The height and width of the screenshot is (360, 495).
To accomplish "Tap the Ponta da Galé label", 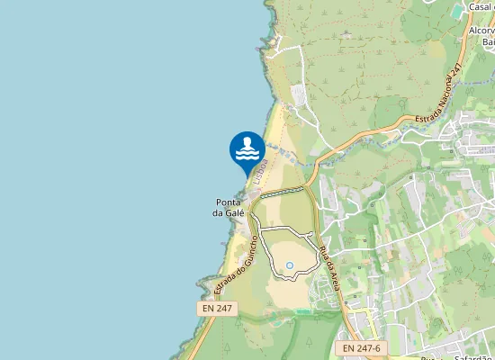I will click(228, 207).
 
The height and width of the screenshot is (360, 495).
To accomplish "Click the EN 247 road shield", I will click(217, 309).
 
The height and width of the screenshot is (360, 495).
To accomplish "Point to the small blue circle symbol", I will click(290, 265).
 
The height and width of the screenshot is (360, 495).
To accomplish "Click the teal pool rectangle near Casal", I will click(459, 10).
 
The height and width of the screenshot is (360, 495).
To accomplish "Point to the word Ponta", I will click(228, 202).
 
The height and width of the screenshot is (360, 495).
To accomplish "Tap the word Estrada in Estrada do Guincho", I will click(226, 283).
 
